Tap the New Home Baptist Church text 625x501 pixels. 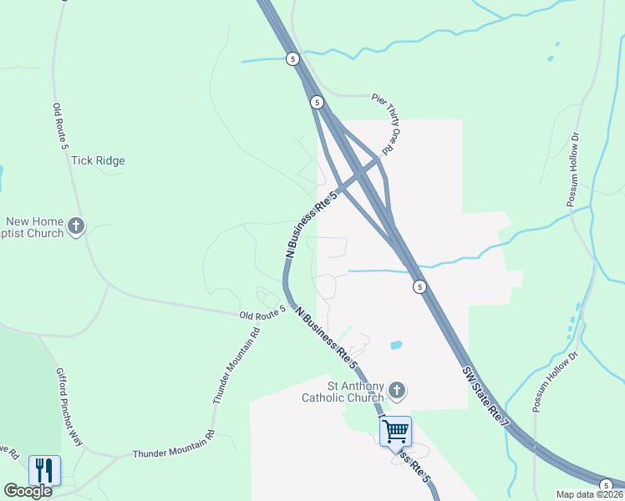point(33,227)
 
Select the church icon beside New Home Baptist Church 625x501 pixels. point(76,226)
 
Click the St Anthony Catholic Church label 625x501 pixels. point(343,392)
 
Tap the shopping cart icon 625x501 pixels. point(394,432)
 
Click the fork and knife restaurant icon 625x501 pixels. point(44,470)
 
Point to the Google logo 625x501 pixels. point(28,491)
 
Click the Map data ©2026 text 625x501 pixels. point(589,494)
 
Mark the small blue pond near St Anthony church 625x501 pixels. point(396,344)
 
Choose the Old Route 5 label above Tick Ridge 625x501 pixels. point(58,126)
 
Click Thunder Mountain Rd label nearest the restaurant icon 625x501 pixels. point(173,453)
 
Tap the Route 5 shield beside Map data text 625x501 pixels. point(604,485)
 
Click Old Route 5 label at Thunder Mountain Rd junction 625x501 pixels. point(262,312)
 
